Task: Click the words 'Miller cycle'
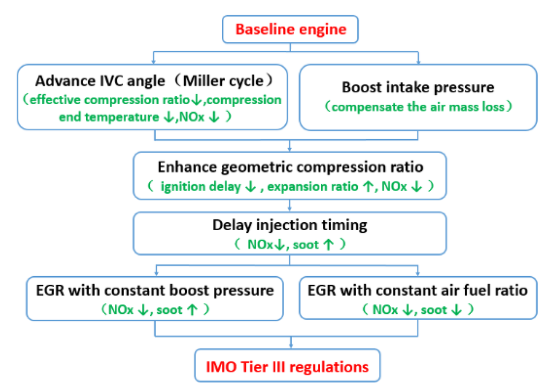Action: click(228, 81)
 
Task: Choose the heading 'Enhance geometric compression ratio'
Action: click(291, 167)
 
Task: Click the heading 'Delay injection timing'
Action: click(291, 225)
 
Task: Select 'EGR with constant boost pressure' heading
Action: click(155, 291)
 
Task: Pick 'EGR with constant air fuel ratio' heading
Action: click(418, 291)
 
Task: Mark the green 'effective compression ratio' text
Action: click(109, 100)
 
